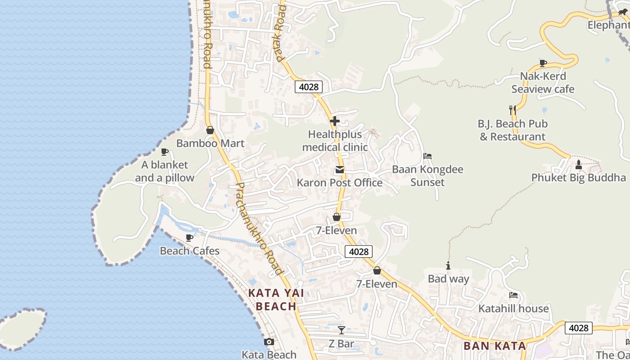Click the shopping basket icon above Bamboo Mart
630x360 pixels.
pos(210,130)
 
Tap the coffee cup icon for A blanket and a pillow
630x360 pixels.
pos(164,152)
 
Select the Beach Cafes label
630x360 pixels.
pos(189,251)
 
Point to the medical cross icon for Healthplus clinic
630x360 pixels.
pos(334,121)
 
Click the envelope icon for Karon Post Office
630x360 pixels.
pos(339,170)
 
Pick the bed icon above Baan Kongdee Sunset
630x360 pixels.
pos(427,156)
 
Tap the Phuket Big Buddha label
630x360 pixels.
pos(578,177)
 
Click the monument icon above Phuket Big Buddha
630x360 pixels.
pos(579,165)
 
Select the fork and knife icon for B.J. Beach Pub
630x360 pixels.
pos(512,110)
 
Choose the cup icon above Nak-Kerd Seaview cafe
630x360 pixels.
pos(543,63)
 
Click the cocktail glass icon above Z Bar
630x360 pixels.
pos(342,330)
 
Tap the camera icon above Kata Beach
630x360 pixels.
pos(269,342)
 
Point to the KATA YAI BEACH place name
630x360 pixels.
pos(276,300)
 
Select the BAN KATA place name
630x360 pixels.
pos(495,346)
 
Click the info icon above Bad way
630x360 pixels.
pos(448,266)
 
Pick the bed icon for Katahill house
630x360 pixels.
pos(513,295)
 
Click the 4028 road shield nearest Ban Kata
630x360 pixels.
pos(578,328)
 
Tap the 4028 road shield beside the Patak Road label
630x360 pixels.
pos(308,87)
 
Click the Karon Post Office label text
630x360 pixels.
pos(339,183)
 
